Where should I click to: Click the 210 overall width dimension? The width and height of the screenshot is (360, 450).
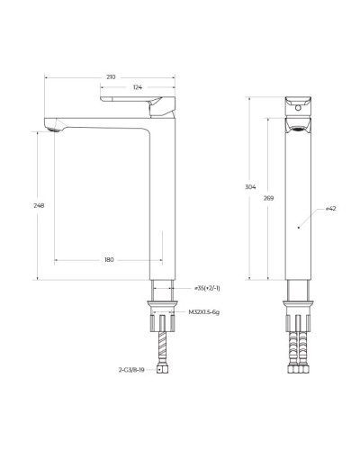click(x=109, y=77)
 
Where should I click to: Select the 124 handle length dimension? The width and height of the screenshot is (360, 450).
click(x=136, y=87)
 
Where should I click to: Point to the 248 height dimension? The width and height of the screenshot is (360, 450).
click(x=37, y=205)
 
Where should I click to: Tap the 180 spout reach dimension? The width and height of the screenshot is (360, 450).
click(x=109, y=260)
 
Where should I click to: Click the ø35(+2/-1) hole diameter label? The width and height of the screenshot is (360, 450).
click(x=209, y=288)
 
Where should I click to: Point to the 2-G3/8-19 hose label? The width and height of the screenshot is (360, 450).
click(x=132, y=369)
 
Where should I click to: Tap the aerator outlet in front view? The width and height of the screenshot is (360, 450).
click(x=299, y=129)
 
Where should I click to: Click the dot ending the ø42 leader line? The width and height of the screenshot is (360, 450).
click(x=298, y=228)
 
